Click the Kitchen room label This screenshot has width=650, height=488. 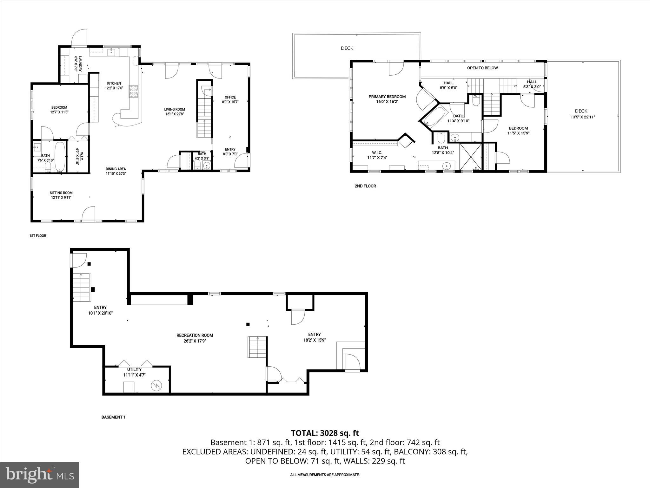[114, 84]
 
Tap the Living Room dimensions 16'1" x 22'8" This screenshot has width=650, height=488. [175, 114]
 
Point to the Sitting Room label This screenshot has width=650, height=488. [61, 193]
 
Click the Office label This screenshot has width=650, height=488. [230, 97]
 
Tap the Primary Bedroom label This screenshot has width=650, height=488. [387, 97]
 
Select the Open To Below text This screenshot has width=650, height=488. [482, 68]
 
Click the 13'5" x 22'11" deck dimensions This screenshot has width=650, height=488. [582, 117]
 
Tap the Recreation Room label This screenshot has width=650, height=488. [195, 335]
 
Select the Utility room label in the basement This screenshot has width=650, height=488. [134, 369]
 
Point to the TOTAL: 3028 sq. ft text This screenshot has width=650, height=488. [325, 433]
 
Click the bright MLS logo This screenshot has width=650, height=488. [40, 475]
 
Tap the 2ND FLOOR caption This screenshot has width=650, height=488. [365, 186]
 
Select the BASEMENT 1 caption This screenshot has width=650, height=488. [113, 417]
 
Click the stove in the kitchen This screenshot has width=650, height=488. [134, 91]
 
